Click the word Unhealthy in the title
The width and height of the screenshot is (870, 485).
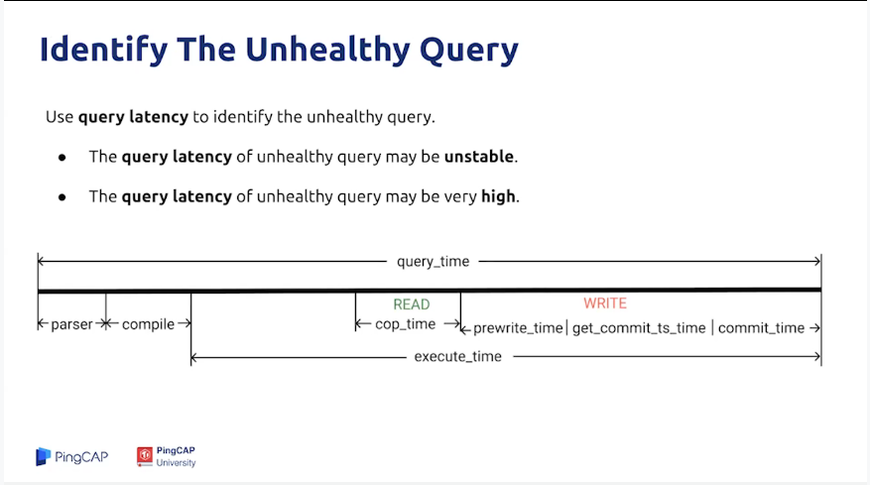click(x=327, y=49)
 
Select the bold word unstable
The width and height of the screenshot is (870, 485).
click(x=479, y=157)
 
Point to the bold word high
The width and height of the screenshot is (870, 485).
click(x=498, y=196)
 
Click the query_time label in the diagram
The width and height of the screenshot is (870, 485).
click(x=433, y=262)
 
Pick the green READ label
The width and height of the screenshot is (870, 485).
click(x=412, y=304)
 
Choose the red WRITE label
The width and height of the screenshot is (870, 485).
click(x=605, y=303)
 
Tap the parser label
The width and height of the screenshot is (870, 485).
click(x=71, y=324)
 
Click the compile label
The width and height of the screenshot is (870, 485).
click(x=148, y=324)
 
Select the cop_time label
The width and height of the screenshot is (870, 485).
click(x=405, y=324)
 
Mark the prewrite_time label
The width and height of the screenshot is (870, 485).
click(x=518, y=328)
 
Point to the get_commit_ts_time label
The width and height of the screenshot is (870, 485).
click(x=639, y=328)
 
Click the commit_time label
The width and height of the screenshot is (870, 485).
click(x=761, y=328)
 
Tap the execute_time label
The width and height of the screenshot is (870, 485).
click(x=457, y=356)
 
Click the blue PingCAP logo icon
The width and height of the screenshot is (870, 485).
click(x=43, y=456)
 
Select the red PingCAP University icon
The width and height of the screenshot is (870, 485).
click(x=145, y=456)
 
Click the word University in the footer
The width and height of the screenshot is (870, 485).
click(x=176, y=463)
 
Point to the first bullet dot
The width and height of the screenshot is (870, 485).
click(x=62, y=158)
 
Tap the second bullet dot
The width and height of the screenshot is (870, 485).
click(x=62, y=197)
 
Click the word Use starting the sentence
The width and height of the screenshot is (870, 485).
click(x=60, y=116)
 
